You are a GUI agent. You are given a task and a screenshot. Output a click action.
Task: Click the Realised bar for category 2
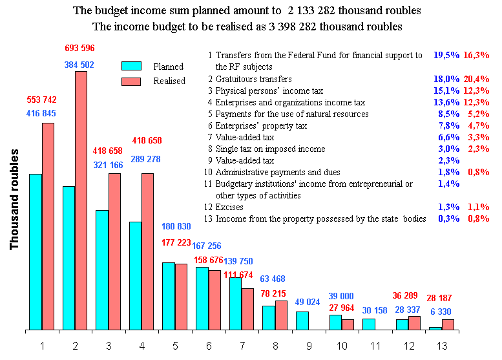(81, 200)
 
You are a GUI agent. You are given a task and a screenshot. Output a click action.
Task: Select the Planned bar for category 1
(36, 252)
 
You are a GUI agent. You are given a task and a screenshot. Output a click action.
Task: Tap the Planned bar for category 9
(302, 321)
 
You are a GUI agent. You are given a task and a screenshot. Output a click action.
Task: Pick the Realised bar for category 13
(448, 325)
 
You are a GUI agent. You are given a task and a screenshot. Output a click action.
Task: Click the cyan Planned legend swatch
(132, 65)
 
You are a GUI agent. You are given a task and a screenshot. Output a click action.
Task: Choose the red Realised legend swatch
(132, 81)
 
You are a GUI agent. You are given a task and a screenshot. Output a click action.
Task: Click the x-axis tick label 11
(375, 346)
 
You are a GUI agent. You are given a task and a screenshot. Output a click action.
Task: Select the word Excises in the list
(230, 207)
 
